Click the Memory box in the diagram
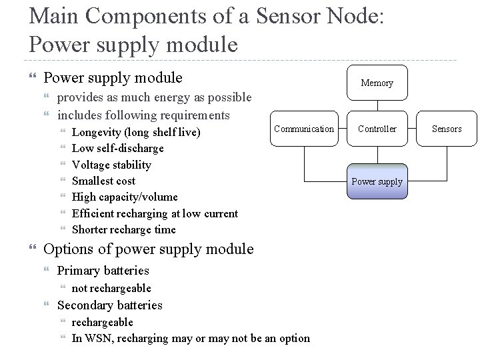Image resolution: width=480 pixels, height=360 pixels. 377,83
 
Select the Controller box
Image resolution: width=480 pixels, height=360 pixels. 377,129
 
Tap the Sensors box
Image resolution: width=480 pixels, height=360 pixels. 447,129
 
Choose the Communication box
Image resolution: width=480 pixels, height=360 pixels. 304,129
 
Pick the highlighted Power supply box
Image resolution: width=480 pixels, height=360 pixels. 377,181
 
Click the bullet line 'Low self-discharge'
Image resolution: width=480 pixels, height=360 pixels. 117,148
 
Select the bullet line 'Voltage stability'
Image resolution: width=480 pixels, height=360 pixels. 111,165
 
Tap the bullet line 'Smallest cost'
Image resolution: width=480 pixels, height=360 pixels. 103,181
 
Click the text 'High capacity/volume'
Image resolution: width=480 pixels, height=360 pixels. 125,197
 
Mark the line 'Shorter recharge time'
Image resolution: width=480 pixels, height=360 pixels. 124,229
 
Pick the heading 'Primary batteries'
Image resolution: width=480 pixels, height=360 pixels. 103,271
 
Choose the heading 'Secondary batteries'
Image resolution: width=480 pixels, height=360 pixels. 110,305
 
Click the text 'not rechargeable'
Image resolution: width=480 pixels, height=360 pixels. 111,288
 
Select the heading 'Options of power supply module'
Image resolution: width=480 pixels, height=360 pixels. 148,249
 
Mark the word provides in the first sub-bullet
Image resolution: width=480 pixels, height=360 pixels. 80,98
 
